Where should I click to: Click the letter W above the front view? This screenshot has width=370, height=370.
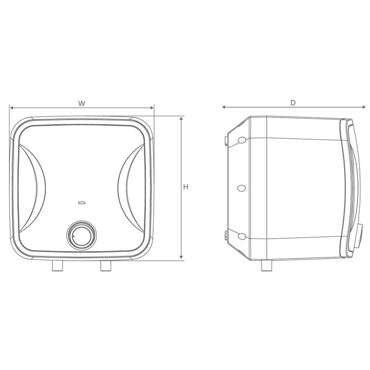pos(82,103)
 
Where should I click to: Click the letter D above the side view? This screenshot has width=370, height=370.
pos(293,102)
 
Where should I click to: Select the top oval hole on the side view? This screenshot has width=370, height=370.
pos(241,140)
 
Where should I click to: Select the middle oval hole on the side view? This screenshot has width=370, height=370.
pos(241,188)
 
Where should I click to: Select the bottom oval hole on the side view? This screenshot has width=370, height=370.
pos(241,236)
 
